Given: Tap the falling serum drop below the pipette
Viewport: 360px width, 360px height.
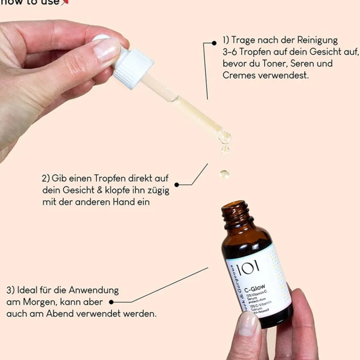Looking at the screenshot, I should click(224, 174).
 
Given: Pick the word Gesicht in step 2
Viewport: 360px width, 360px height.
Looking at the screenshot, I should click(81, 190).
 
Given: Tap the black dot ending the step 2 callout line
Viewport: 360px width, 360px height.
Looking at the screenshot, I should click(177, 185).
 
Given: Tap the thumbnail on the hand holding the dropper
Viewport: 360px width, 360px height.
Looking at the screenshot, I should click(106, 50).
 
